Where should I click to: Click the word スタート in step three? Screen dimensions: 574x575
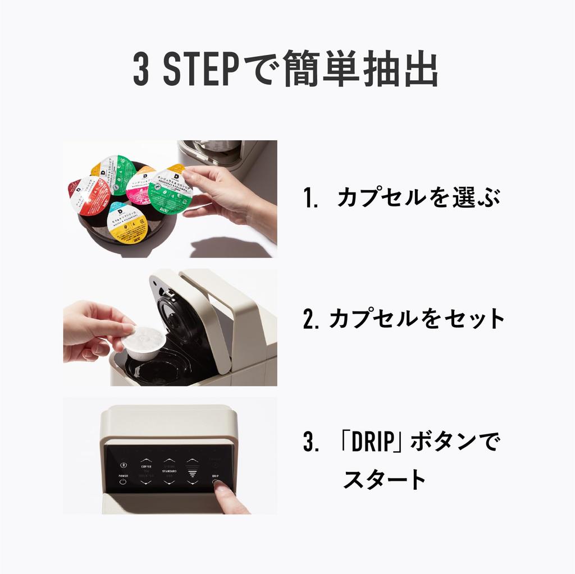coord(385,479)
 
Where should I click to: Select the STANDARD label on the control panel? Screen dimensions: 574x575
coord(169,471)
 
